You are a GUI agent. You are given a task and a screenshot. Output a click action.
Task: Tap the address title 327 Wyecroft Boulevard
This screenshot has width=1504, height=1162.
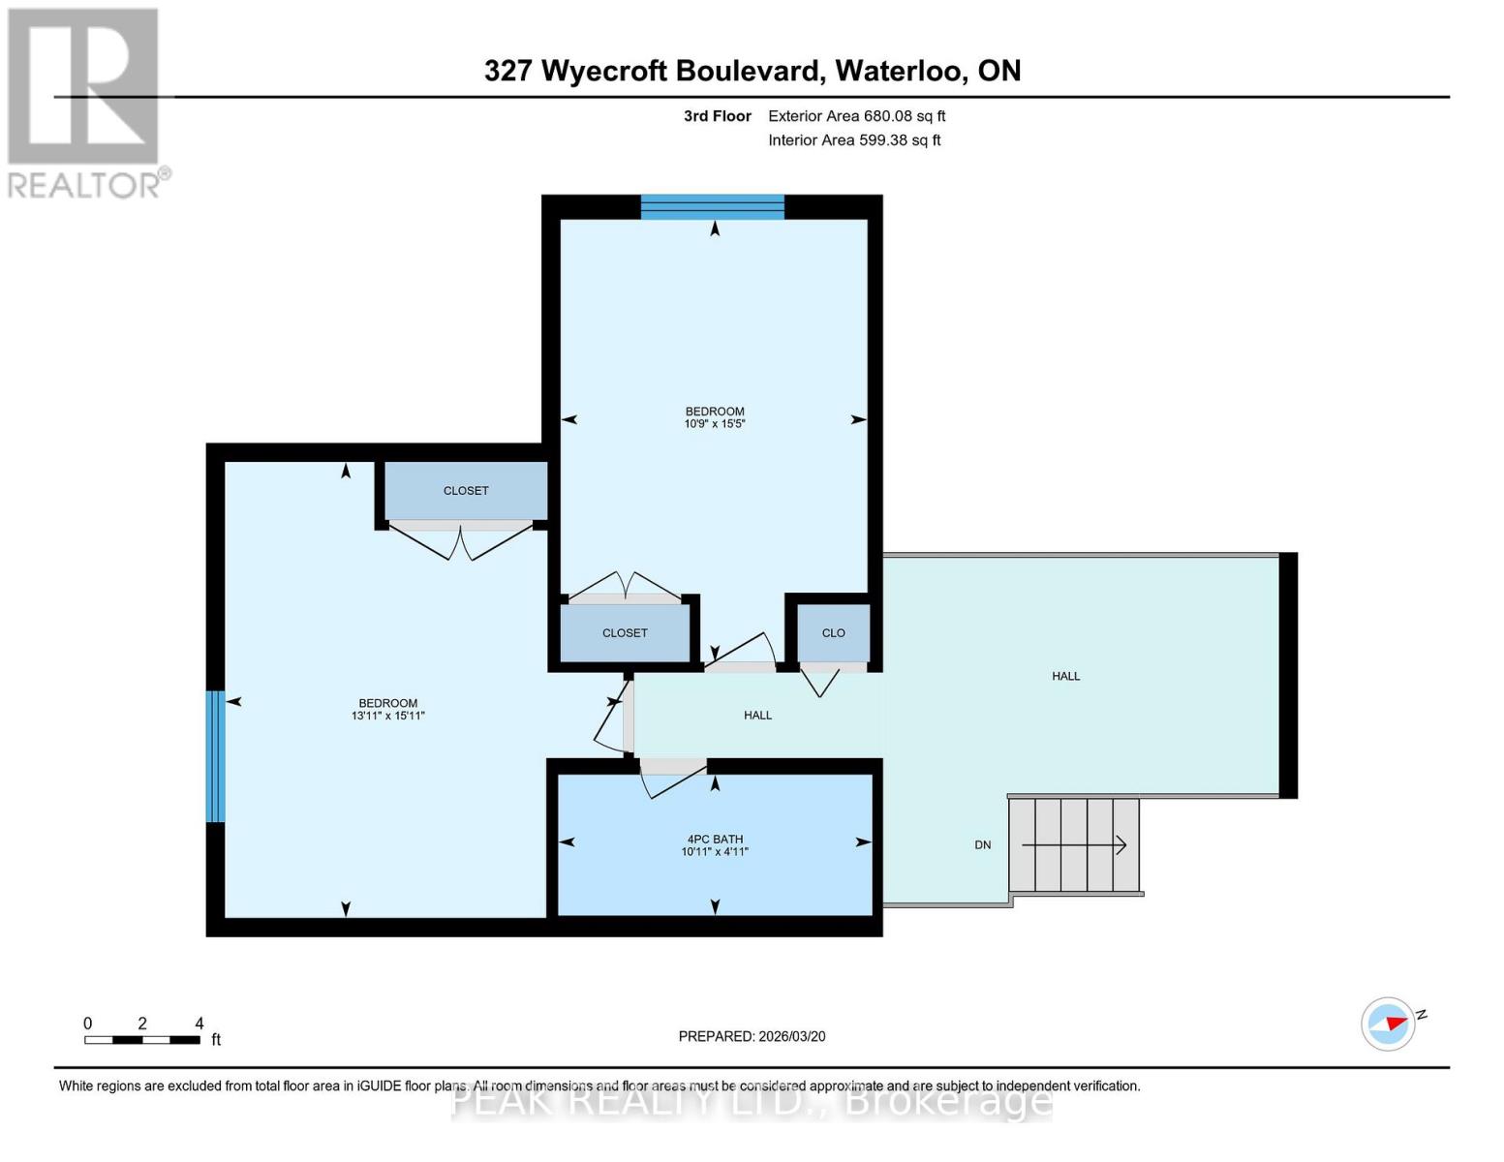752,71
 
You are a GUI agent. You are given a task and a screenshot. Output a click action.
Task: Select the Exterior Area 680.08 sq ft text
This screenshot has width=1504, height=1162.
856,116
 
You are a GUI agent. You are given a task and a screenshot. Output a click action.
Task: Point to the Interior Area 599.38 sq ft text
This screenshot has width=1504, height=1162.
854,140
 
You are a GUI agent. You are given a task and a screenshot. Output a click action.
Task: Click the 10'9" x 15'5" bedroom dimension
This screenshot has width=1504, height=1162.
715,424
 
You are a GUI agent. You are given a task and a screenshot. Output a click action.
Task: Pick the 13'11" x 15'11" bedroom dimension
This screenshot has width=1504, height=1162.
388,717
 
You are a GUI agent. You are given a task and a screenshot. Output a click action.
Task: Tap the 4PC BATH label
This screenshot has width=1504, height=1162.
715,840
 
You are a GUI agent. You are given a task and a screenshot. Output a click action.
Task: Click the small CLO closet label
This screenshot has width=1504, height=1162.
834,633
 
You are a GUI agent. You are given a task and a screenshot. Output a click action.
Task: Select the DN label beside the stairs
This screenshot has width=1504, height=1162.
983,845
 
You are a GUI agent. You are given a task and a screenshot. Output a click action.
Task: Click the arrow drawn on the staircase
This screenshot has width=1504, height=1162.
1074,845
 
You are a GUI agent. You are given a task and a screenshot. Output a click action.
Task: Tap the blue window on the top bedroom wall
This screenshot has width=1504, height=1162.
712,206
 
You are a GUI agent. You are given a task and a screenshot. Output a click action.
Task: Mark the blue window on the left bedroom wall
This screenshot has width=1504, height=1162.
215,756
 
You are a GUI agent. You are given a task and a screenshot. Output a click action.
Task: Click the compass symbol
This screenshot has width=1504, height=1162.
1389,1024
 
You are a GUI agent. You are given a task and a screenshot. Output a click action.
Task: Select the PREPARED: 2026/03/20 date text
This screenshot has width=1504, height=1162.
752,1036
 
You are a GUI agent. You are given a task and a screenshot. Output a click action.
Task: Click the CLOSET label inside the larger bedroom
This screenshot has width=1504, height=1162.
466,491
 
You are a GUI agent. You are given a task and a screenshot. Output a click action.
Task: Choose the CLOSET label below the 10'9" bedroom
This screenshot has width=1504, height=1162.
625,633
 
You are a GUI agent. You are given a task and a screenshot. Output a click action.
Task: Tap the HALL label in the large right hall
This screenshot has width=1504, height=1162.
1065,676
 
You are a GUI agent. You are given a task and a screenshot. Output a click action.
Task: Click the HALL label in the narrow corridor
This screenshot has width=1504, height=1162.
757,716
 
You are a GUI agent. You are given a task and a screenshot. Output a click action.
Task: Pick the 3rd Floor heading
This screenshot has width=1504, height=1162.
718,116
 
